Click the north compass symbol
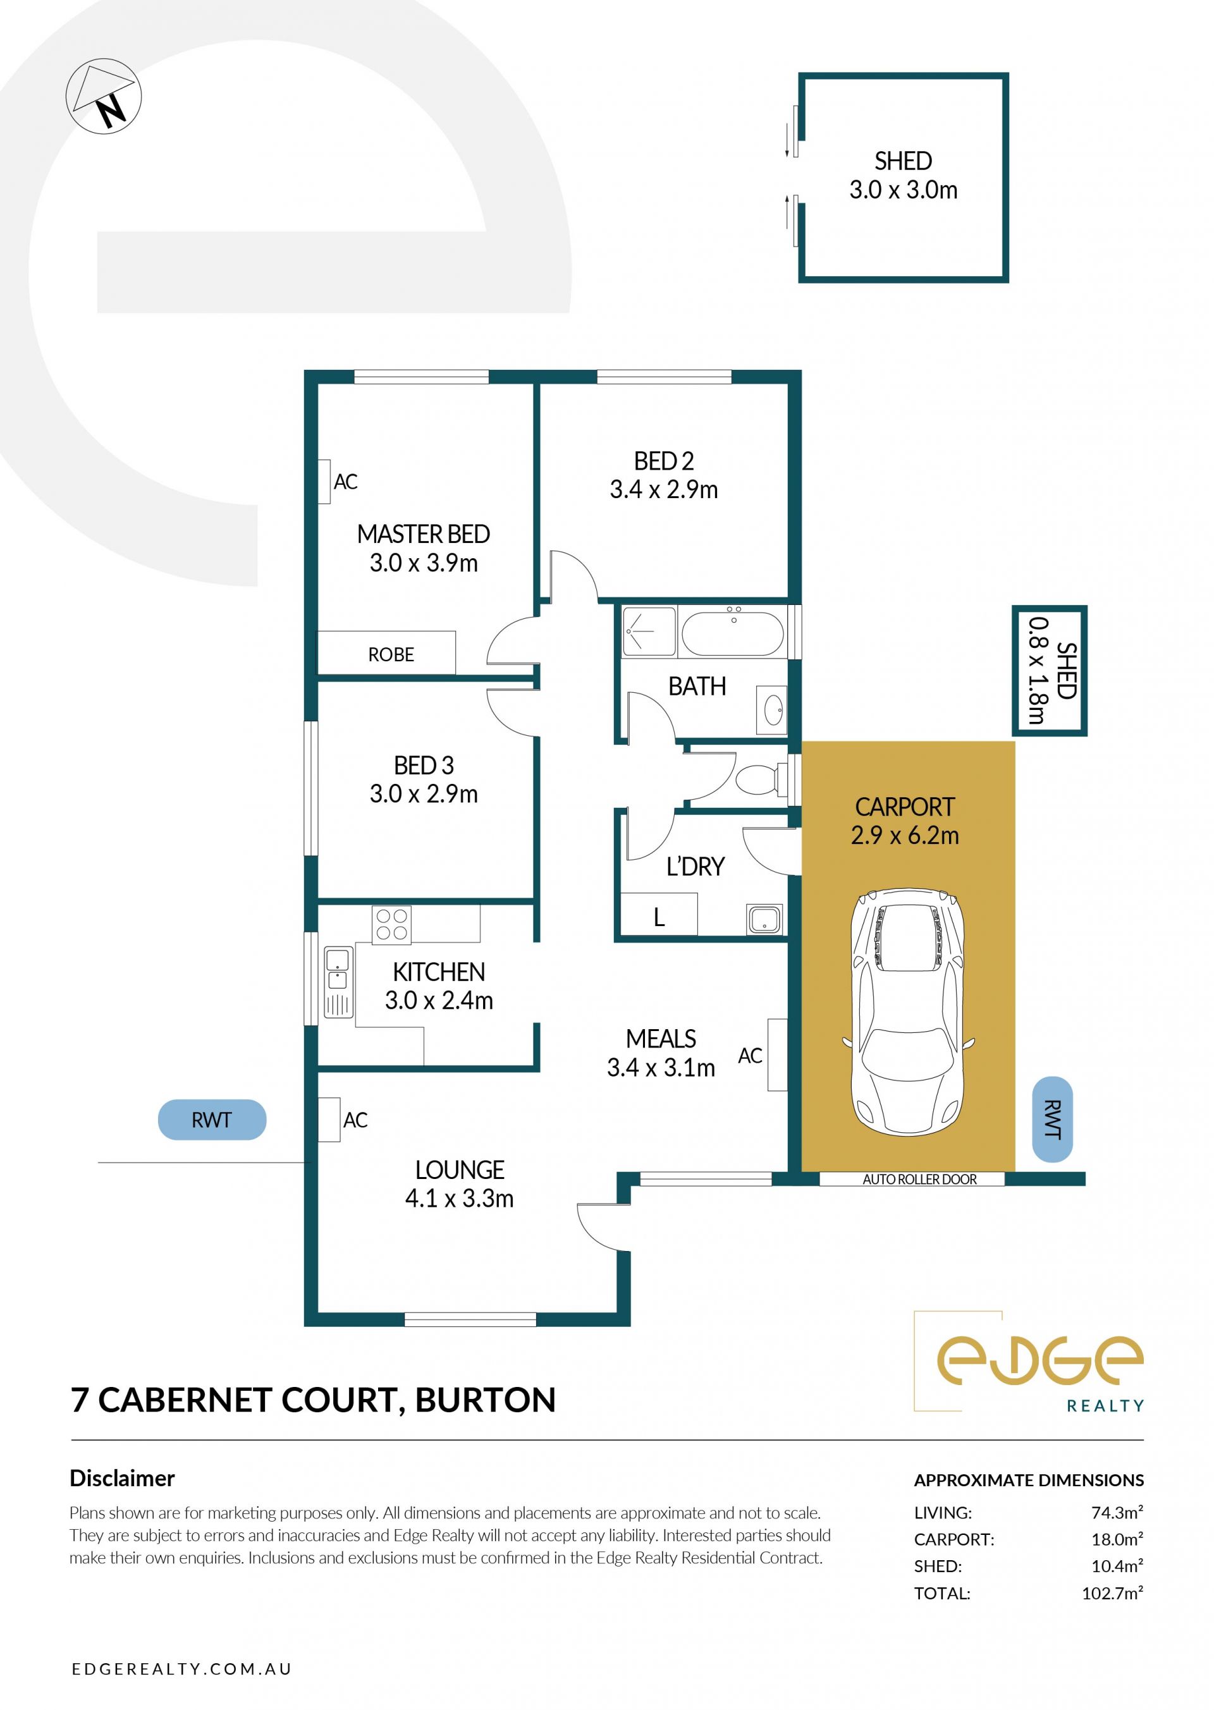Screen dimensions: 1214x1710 [103, 97]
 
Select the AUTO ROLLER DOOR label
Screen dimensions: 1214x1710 [919, 1180]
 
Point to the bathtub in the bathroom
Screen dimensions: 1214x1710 [733, 632]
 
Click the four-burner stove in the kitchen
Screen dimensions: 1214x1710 [392, 924]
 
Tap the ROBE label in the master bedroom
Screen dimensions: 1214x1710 [391, 655]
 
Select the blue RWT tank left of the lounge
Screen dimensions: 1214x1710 [212, 1120]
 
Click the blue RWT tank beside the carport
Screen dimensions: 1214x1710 [1053, 1120]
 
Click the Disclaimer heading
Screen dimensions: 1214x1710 [122, 1479]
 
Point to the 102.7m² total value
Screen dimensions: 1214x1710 [1112, 1594]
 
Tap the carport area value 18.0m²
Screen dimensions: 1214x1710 [1117, 1539]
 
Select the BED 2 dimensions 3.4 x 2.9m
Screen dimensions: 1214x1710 [664, 489]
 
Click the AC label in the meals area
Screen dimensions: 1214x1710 [750, 1056]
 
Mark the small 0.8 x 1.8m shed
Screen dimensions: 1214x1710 [1050, 670]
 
